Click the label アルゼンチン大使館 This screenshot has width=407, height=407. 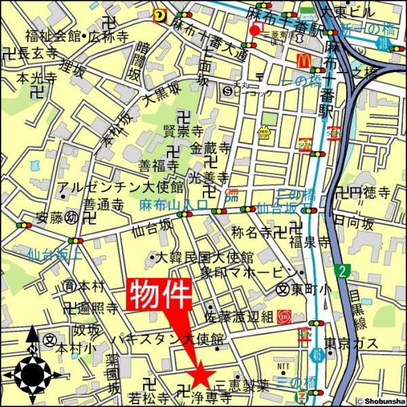121,187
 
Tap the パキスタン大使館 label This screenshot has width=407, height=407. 168,338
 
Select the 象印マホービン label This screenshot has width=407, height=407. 239,273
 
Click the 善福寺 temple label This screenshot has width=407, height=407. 159,165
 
